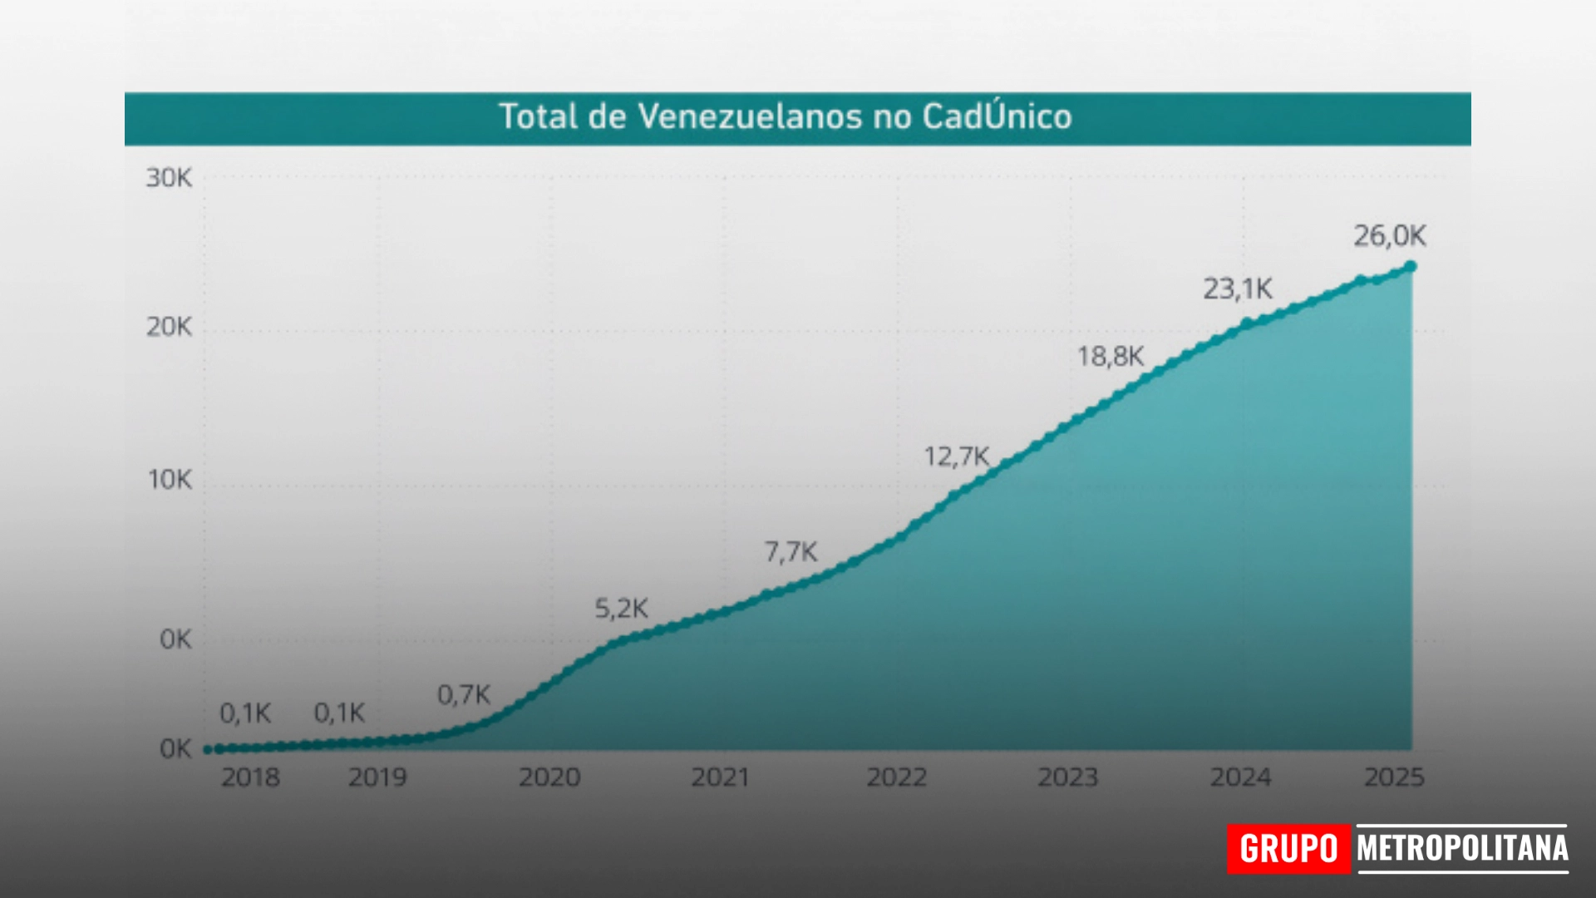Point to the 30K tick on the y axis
pyautogui.click(x=169, y=178)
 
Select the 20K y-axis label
pyautogui.click(x=169, y=327)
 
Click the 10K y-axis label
pyautogui.click(x=170, y=480)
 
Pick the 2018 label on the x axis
pyautogui.click(x=250, y=777)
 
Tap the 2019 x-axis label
pyautogui.click(x=377, y=777)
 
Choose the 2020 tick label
pyautogui.click(x=549, y=777)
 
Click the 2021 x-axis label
pyautogui.click(x=721, y=777)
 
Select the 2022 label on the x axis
pyautogui.click(x=897, y=777)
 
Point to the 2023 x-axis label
pyautogui.click(x=1068, y=777)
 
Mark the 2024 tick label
pyautogui.click(x=1240, y=777)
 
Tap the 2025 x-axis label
pyautogui.click(x=1394, y=777)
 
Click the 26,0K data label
pyautogui.click(x=1390, y=236)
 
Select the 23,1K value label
pyautogui.click(x=1238, y=289)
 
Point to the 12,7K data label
pyautogui.click(x=957, y=456)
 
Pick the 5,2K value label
pyautogui.click(x=621, y=609)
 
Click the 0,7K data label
pyautogui.click(x=464, y=694)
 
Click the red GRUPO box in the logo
pyautogui.click(x=1288, y=849)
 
